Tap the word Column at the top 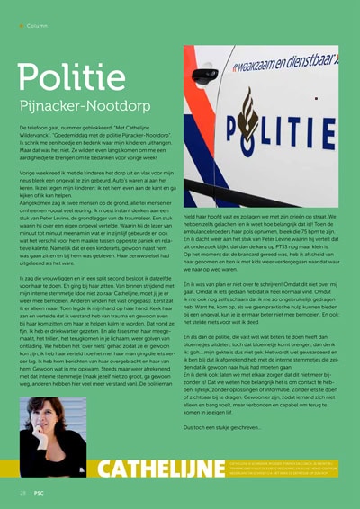click(38, 25)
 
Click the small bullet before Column click(22, 25)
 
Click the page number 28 click(22, 495)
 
